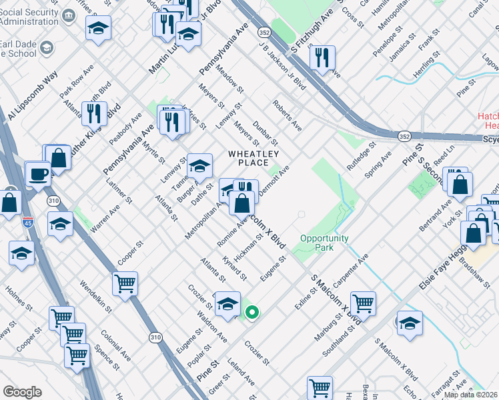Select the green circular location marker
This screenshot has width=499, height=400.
[x=252, y=311]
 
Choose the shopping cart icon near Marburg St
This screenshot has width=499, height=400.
[x=364, y=303]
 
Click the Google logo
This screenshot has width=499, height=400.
[x=23, y=391]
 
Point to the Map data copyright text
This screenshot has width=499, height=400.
[x=470, y=395]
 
